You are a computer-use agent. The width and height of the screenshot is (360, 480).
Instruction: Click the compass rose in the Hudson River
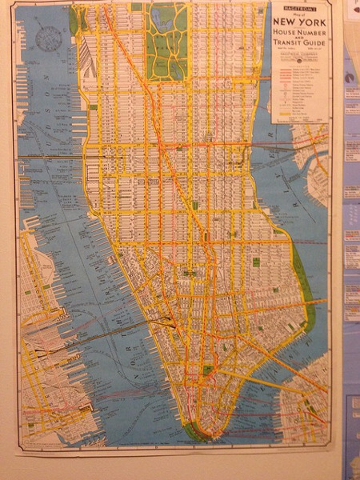(49, 36)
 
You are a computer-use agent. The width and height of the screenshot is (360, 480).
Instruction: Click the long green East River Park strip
(303, 288)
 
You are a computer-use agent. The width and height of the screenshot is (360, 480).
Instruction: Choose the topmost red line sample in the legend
(280, 69)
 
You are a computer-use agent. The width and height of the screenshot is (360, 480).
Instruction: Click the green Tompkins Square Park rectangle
(255, 262)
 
